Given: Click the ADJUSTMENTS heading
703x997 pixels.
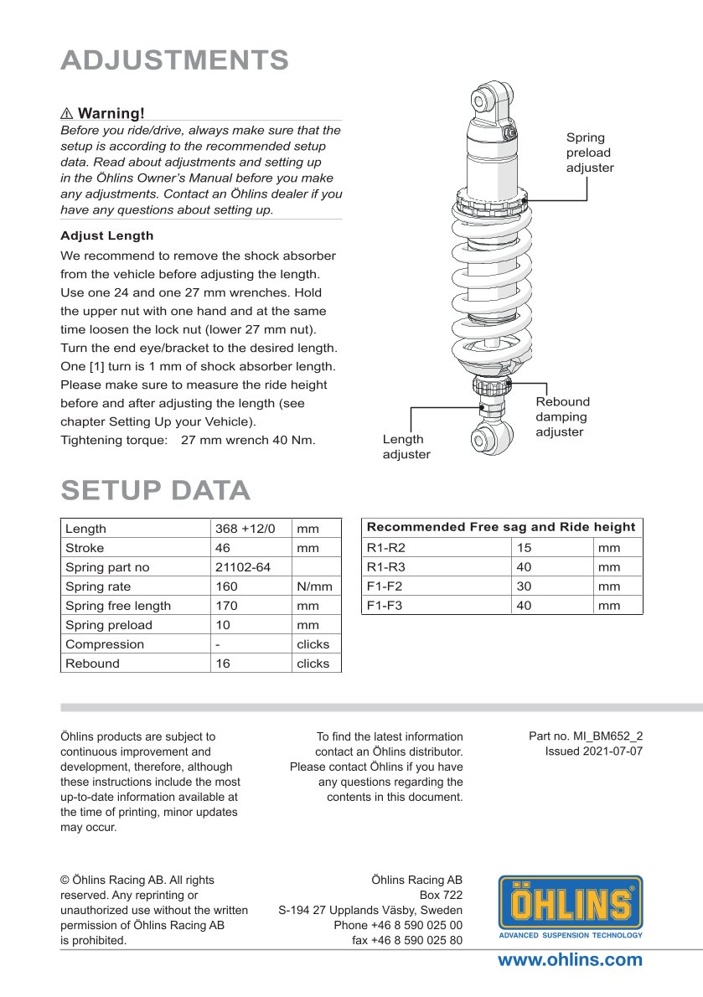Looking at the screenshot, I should click(174, 60).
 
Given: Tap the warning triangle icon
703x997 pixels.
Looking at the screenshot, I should click(67, 113).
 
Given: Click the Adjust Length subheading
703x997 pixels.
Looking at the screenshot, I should click(106, 235).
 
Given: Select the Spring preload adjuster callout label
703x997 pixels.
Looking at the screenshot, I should click(589, 152).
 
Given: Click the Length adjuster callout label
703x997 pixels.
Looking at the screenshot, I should click(406, 447).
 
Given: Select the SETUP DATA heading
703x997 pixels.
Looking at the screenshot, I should click(155, 491).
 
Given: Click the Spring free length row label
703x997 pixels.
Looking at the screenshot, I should click(118, 606).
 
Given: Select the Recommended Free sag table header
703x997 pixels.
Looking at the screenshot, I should click(501, 527).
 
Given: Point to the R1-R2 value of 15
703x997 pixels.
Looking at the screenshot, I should click(525, 548).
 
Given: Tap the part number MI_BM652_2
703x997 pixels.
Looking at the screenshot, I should click(586, 736).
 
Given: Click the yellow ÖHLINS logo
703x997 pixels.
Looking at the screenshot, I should click(571, 906).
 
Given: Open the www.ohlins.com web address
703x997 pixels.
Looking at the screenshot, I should click(570, 960).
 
